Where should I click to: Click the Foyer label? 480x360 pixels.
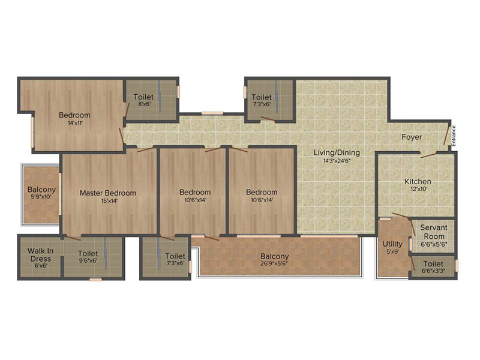click(x=412, y=137)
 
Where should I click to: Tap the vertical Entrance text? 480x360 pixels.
click(x=454, y=136)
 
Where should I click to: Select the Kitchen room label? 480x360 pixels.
click(x=418, y=182)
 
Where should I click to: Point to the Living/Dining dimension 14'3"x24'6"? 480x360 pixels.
click(x=337, y=160)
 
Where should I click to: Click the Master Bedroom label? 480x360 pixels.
click(x=108, y=193)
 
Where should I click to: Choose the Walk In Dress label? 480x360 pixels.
click(x=41, y=254)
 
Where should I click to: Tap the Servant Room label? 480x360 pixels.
click(x=434, y=232)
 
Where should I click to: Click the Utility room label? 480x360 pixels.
click(x=392, y=244)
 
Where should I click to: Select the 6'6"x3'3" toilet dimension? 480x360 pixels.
click(x=433, y=271)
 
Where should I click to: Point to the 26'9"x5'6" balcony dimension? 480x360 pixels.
click(x=274, y=263)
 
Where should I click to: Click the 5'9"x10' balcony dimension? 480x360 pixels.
click(x=41, y=197)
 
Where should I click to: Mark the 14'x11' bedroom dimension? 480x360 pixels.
click(x=74, y=123)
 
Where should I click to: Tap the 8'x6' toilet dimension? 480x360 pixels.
click(x=144, y=104)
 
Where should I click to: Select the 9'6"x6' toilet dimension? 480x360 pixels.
click(x=88, y=261)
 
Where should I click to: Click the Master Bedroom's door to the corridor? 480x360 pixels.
click(x=145, y=150)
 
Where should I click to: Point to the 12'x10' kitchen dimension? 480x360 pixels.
click(x=419, y=189)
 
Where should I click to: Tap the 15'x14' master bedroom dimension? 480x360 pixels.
click(x=109, y=201)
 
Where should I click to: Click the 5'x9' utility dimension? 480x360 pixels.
click(x=392, y=252)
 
